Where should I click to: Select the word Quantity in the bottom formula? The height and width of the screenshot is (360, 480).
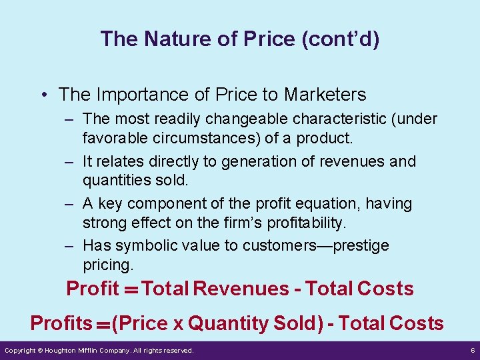(229, 323)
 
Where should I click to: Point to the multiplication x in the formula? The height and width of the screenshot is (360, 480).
(178, 325)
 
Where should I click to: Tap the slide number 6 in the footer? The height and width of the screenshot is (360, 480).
(472, 350)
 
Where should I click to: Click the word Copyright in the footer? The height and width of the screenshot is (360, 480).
(20, 350)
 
